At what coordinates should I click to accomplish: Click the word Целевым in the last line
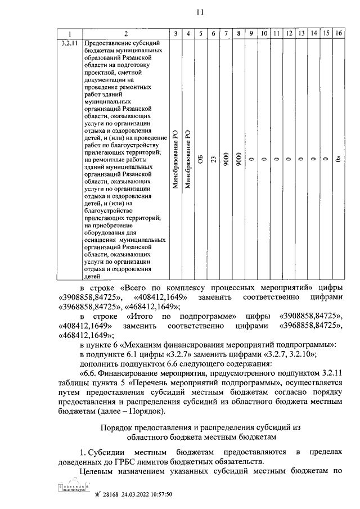tap(98, 472)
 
